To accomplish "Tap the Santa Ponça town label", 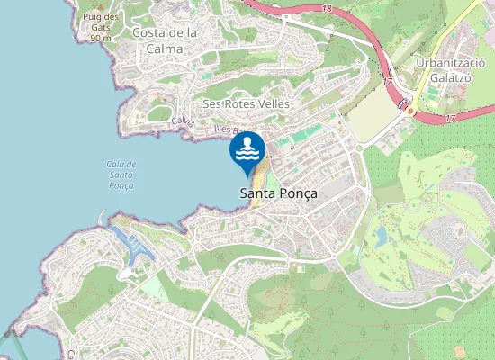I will (x=278, y=193).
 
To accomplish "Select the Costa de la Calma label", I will (x=165, y=40).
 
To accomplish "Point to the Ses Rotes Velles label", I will (x=246, y=103).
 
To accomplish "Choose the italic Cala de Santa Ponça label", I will (x=121, y=175).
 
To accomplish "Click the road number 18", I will (x=326, y=8).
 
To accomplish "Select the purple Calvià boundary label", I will (x=183, y=121).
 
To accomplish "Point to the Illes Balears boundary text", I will (x=226, y=131).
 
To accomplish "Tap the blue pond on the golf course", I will (x=382, y=237).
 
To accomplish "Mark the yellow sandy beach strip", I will (x=259, y=180).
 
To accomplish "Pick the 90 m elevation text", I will (x=101, y=38).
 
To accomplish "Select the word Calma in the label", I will (x=166, y=49).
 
